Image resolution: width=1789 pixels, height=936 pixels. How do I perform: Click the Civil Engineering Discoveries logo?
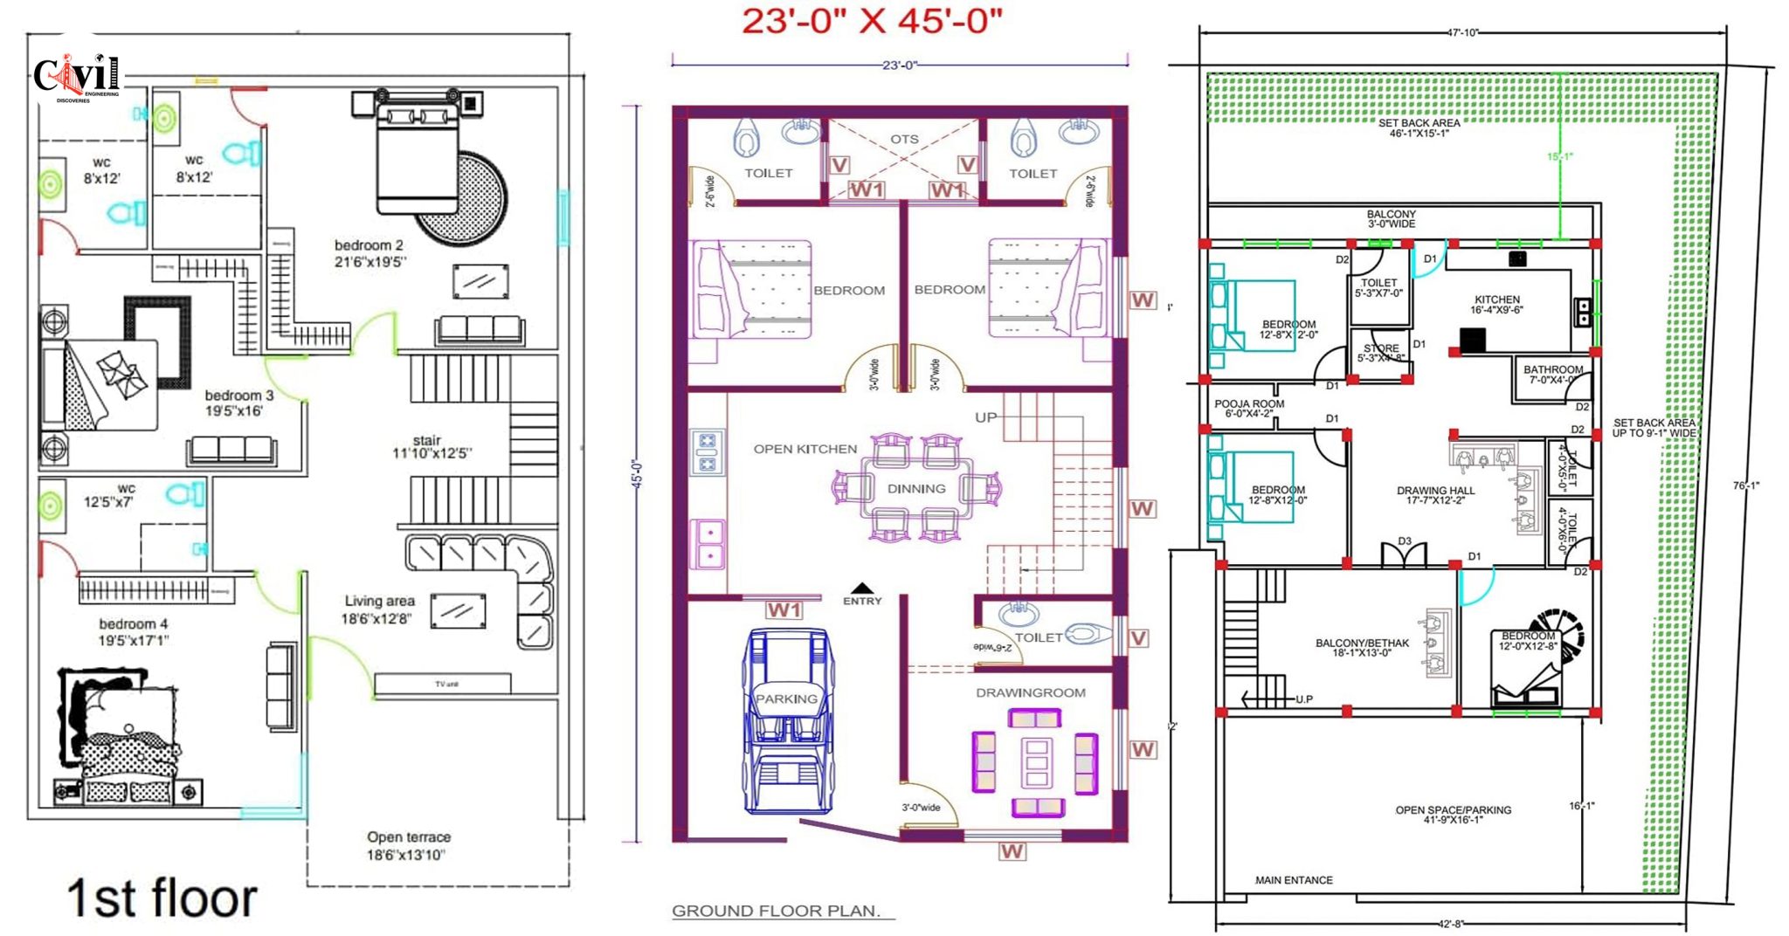pos(77,77)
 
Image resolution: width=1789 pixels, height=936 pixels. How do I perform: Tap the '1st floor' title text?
pos(162,898)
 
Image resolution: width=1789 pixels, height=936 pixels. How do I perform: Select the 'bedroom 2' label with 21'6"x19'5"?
pos(369,252)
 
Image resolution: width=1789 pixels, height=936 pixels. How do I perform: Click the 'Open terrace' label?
pos(408,844)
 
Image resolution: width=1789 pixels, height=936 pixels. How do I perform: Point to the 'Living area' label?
pos(379,609)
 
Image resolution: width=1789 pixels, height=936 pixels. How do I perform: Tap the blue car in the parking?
pos(788,720)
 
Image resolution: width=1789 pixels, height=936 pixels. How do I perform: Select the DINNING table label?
pos(916,489)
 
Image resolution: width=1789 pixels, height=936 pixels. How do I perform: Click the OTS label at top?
pos(904,139)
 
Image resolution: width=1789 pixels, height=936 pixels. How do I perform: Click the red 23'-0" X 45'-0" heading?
pos(872,21)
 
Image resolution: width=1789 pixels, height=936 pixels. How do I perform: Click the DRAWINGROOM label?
pos(1031,692)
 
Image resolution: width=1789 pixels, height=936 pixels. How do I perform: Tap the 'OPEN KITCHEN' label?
pos(805,449)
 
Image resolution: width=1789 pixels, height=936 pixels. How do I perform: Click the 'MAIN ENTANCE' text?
pos(1294,880)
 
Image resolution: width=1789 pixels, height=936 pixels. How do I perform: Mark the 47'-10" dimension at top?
pos(1462,33)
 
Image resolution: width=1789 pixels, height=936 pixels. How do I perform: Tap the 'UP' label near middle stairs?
pos(985,417)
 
